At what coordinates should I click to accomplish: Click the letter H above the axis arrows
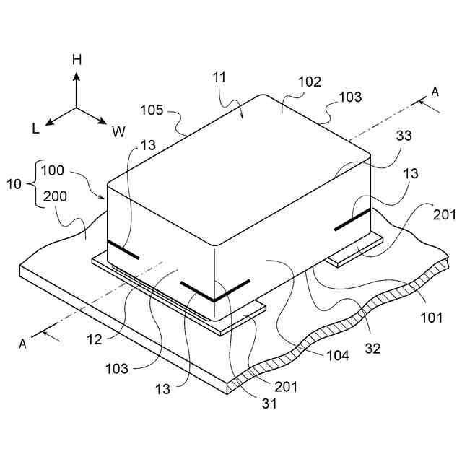pyautogui.click(x=77, y=60)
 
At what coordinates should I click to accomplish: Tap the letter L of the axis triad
pyautogui.click(x=35, y=128)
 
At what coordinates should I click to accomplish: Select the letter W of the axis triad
pyautogui.click(x=118, y=131)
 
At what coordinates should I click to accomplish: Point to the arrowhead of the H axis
pyautogui.click(x=77, y=74)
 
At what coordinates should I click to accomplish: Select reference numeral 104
pyautogui.click(x=337, y=355)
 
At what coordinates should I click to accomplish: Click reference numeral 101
pyautogui.click(x=430, y=317)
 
